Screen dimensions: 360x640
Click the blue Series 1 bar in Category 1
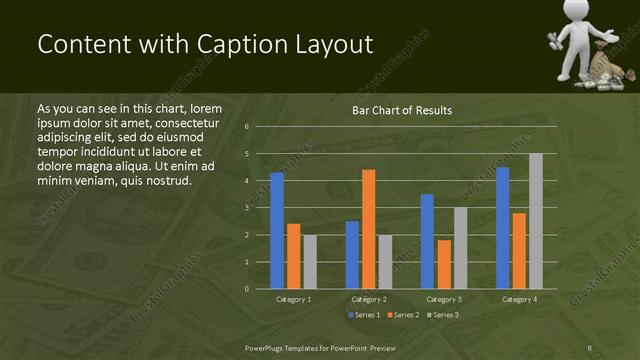(277, 231)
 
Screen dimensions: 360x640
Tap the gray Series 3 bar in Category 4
(535, 221)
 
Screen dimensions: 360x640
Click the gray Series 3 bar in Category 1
(310, 262)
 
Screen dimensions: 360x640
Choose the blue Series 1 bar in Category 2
(352, 255)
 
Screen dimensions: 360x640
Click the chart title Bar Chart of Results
(402, 110)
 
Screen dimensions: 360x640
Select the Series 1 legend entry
(363, 315)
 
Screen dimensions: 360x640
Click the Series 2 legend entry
(403, 315)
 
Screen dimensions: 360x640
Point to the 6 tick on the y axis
(246, 127)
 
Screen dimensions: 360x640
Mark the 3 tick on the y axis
(246, 208)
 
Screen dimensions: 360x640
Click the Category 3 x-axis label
(443, 299)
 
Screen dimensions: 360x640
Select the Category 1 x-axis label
(293, 299)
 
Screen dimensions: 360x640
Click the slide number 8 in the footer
(590, 347)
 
